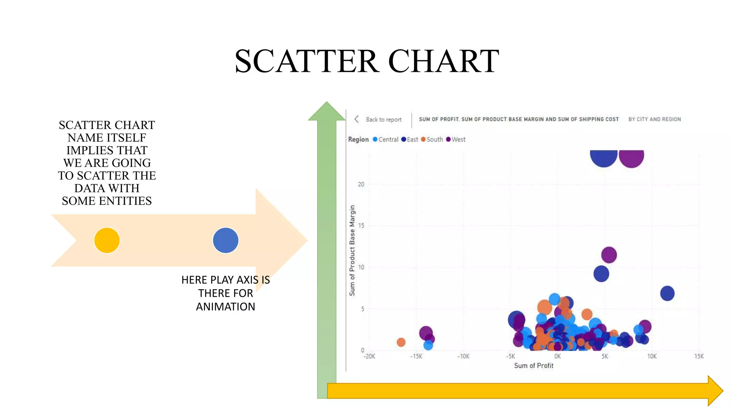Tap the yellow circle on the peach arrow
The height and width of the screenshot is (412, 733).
click(x=107, y=240)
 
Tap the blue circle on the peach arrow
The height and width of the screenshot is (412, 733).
click(x=225, y=240)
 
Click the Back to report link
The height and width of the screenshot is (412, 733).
click(x=383, y=119)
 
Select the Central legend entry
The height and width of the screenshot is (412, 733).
click(x=388, y=139)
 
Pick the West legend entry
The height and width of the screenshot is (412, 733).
click(x=458, y=139)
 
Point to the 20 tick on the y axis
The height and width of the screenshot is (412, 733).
click(x=361, y=184)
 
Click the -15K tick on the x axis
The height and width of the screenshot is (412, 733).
click(x=416, y=356)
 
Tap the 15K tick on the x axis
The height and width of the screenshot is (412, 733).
click(x=699, y=356)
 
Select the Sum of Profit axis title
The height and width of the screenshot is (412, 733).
click(x=533, y=366)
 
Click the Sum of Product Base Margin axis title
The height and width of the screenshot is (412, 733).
click(x=352, y=250)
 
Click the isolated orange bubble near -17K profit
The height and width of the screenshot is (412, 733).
click(x=401, y=342)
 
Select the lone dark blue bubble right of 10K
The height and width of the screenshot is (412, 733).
click(x=667, y=293)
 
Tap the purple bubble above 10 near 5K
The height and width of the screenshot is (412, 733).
click(x=609, y=255)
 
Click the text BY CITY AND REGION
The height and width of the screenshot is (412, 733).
click(x=655, y=119)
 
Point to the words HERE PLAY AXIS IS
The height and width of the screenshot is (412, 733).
click(x=225, y=280)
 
